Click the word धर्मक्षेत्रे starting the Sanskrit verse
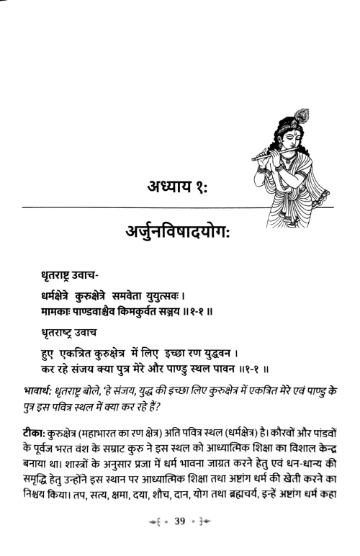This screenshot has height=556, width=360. [x=60, y=296]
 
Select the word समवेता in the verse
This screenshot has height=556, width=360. [x=148, y=296]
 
